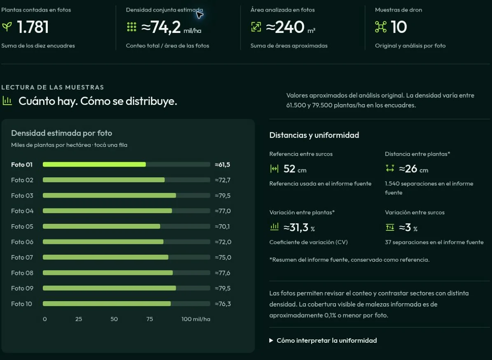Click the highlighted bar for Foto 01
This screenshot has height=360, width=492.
click(x=94, y=164)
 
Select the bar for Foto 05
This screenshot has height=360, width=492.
click(x=101, y=226)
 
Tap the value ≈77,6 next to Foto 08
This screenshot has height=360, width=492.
click(x=222, y=273)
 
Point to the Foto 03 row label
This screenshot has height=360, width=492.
click(x=22, y=195)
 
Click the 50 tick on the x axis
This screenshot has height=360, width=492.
click(x=114, y=319)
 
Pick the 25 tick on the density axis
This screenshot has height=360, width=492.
click(x=79, y=319)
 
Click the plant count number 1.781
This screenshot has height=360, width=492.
click(x=33, y=27)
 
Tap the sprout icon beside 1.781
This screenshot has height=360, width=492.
click(x=7, y=27)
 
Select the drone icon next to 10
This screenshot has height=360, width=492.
click(x=380, y=27)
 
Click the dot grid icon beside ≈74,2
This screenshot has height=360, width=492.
click(x=131, y=27)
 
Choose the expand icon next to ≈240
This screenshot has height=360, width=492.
click(x=256, y=27)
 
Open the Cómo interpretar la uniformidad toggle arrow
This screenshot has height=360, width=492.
click(x=271, y=341)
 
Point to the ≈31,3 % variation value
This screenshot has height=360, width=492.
click(x=299, y=228)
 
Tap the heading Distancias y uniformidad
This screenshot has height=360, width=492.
click(x=314, y=135)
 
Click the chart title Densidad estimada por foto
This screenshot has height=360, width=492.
click(x=61, y=133)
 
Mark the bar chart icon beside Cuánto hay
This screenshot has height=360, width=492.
click(x=7, y=101)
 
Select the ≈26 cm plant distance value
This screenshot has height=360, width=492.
click(x=413, y=169)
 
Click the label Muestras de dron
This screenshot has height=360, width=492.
click(x=399, y=10)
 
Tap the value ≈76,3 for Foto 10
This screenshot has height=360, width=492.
click(x=223, y=304)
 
